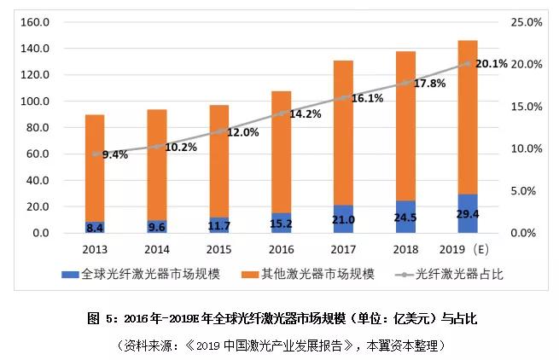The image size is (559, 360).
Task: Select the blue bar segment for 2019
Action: pos(468,213)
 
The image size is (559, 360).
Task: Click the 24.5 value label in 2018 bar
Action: pos(405,218)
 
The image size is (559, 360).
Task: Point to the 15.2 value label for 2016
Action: pos(281,224)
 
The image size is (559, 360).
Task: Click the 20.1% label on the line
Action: pos(492,63)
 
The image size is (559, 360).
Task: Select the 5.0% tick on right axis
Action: pos(528,191)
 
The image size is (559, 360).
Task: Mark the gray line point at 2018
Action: pos(405,84)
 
